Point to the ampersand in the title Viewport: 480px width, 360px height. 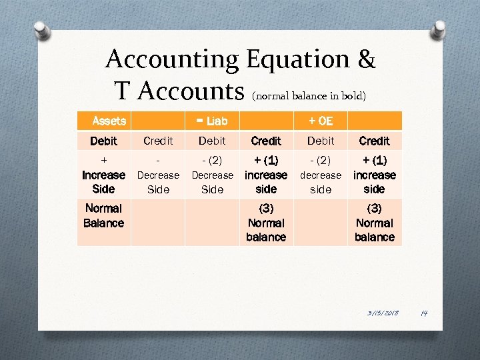(366, 60)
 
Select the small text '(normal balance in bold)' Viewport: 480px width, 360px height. (308, 95)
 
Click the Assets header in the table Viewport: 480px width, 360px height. (109, 121)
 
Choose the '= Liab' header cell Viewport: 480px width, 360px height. (211, 121)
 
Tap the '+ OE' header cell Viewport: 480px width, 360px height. (320, 121)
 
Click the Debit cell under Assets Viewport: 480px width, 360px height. (103, 141)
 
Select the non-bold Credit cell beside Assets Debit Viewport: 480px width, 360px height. (158, 141)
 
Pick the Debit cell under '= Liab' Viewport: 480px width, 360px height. (212, 141)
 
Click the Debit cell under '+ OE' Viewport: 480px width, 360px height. (321, 141)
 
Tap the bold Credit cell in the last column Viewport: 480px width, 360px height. (375, 141)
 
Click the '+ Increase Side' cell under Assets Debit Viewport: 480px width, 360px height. (103, 175)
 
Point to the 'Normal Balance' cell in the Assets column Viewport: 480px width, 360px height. (103, 215)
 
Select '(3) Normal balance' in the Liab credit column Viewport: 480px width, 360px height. (266, 223)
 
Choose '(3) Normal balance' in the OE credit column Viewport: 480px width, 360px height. (375, 223)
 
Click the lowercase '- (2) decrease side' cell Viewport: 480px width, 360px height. (321, 175)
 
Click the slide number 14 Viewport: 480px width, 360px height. (423, 313)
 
